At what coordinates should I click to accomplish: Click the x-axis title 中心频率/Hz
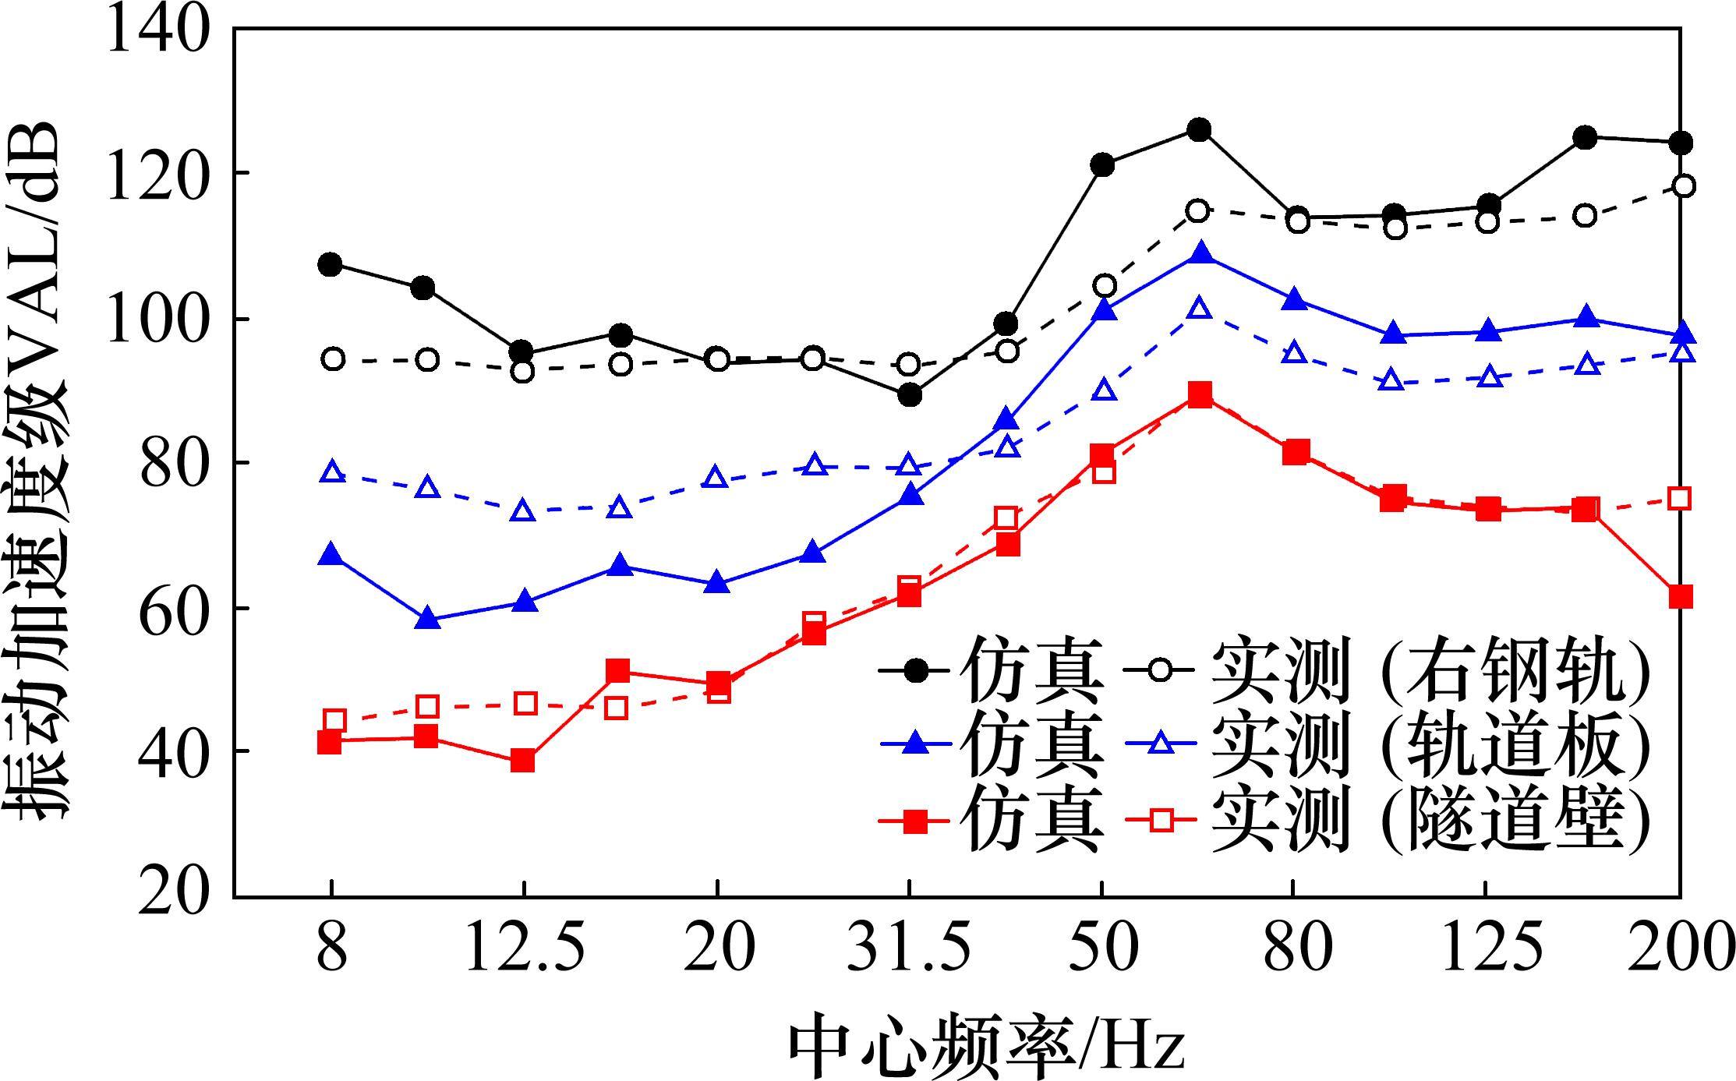(986, 1045)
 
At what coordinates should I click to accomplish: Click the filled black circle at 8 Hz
(330, 264)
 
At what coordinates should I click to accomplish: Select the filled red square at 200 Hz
(1680, 597)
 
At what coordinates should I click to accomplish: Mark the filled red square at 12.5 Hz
(523, 761)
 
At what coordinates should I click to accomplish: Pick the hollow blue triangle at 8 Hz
(333, 472)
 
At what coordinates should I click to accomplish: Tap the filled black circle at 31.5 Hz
(909, 395)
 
